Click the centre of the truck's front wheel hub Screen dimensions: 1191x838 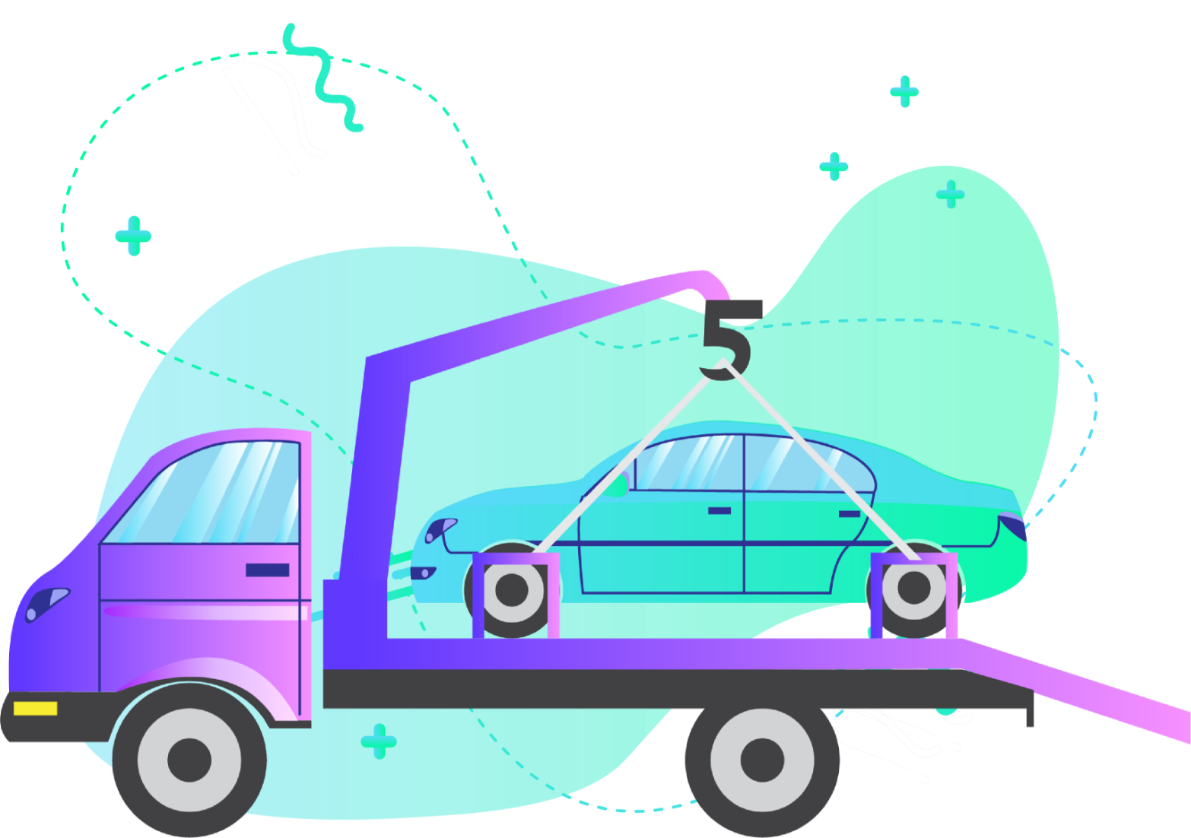pyautogui.click(x=189, y=760)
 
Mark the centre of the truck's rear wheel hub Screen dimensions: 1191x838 pyautogui.click(x=762, y=760)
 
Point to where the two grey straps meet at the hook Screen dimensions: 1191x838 pyautogui.click(x=723, y=362)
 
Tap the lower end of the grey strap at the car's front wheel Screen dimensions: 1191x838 pyautogui.click(x=537, y=552)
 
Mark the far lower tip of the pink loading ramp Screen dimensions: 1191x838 pyautogui.click(x=1189, y=741)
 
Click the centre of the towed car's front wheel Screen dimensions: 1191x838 pyautogui.click(x=511, y=589)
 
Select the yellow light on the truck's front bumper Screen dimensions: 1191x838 pyautogui.click(x=35, y=708)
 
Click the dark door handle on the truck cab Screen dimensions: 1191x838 pyautogui.click(x=268, y=570)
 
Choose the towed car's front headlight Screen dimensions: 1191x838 pyautogui.click(x=440, y=529)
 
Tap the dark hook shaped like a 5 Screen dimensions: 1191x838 pyautogui.click(x=731, y=341)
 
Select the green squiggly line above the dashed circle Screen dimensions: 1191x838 pyautogui.click(x=322, y=78)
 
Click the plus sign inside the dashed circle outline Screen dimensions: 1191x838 pyautogui.click(x=133, y=236)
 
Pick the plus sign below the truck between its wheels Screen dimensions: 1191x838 pyautogui.click(x=379, y=741)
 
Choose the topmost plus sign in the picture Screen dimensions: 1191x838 pyautogui.click(x=904, y=91)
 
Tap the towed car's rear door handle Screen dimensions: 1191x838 pyautogui.click(x=849, y=513)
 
